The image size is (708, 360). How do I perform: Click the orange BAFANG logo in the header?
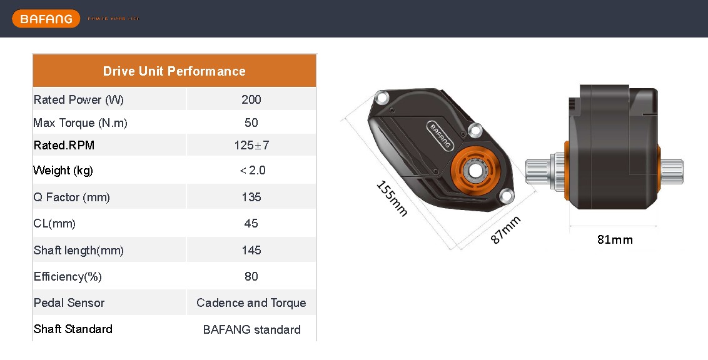pos(46,19)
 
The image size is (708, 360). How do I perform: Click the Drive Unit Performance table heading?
pos(174,71)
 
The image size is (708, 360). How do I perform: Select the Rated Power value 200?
pos(251,99)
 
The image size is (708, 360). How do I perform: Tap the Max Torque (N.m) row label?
pos(80,123)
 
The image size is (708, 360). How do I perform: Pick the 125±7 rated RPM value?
pos(251,146)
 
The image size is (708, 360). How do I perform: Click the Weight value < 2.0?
pos(252,171)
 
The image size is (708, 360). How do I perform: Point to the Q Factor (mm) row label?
pos(71,197)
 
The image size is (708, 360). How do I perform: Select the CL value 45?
pos(251,224)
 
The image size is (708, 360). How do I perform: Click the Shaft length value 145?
pos(251,251)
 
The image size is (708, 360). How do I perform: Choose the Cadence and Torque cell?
pos(251,303)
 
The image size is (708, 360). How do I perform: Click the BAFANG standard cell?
pos(251,329)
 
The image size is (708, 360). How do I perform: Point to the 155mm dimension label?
pos(392,199)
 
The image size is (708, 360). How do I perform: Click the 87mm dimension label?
pos(505,230)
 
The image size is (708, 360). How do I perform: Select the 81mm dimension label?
pos(615,239)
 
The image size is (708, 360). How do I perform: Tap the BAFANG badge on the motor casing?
pos(441,134)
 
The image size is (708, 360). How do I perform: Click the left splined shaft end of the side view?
pos(539,171)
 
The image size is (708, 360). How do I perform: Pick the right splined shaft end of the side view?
pos(672,171)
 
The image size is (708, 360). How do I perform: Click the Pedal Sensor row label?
pos(69,303)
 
